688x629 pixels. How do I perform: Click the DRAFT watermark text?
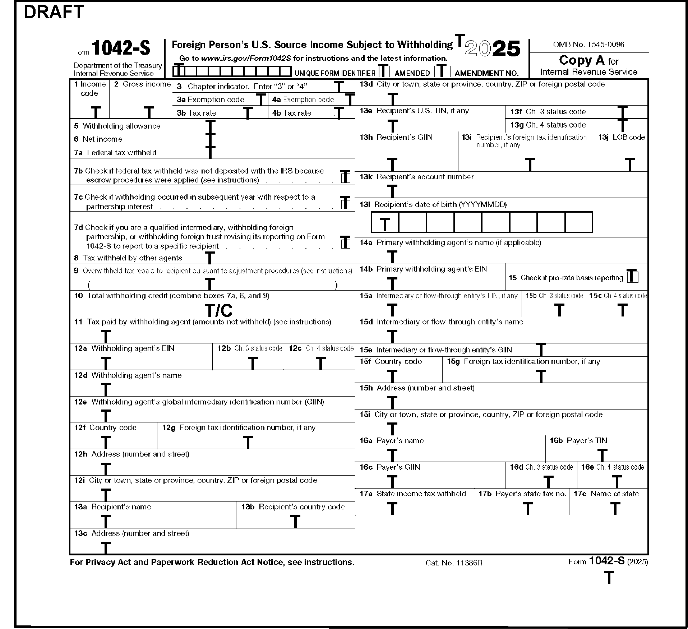54,12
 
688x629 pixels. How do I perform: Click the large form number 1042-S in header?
121,48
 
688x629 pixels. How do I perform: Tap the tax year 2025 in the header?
492,49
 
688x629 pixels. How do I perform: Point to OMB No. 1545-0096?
588,45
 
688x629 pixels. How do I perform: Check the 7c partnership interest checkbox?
345,203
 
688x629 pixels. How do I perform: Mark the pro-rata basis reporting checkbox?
632,277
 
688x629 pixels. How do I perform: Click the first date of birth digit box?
385,223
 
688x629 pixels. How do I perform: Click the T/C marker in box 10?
218,310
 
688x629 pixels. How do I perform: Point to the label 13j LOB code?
621,137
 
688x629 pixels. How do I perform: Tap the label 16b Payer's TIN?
578,441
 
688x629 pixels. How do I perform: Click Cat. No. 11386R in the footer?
454,563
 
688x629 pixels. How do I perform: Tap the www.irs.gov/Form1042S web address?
246,58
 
